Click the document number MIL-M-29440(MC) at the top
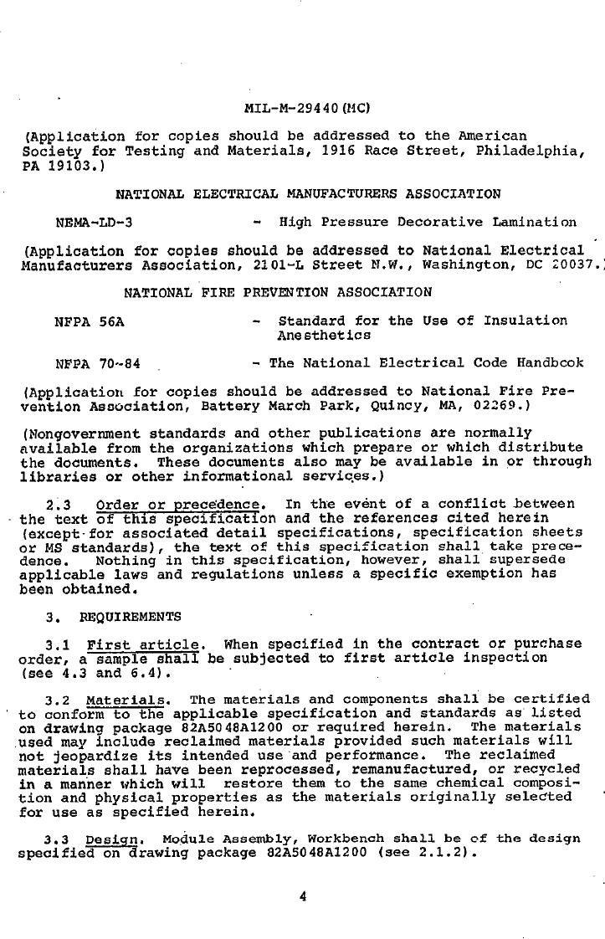(x=307, y=108)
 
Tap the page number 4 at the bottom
(x=303, y=896)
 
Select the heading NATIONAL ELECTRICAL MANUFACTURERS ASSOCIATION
(x=308, y=194)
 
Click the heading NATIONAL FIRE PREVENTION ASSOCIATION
(x=278, y=292)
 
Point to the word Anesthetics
(x=324, y=335)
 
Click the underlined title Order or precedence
(x=180, y=505)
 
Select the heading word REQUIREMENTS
(x=130, y=617)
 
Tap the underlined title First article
(x=143, y=644)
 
